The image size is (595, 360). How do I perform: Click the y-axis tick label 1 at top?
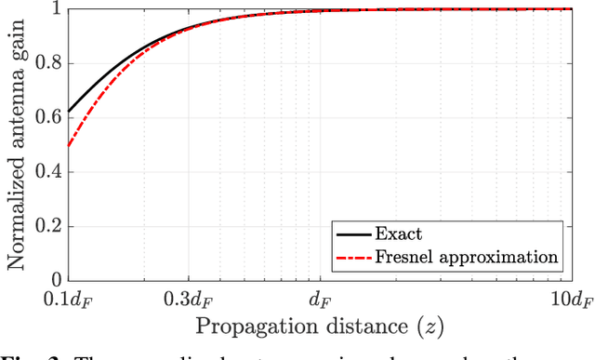click(56, 9)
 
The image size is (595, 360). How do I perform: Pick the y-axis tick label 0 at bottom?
click(56, 279)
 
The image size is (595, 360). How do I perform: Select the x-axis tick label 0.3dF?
click(189, 300)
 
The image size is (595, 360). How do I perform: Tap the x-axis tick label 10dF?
click(569, 300)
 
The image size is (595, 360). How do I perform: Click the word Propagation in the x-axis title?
click(242, 326)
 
